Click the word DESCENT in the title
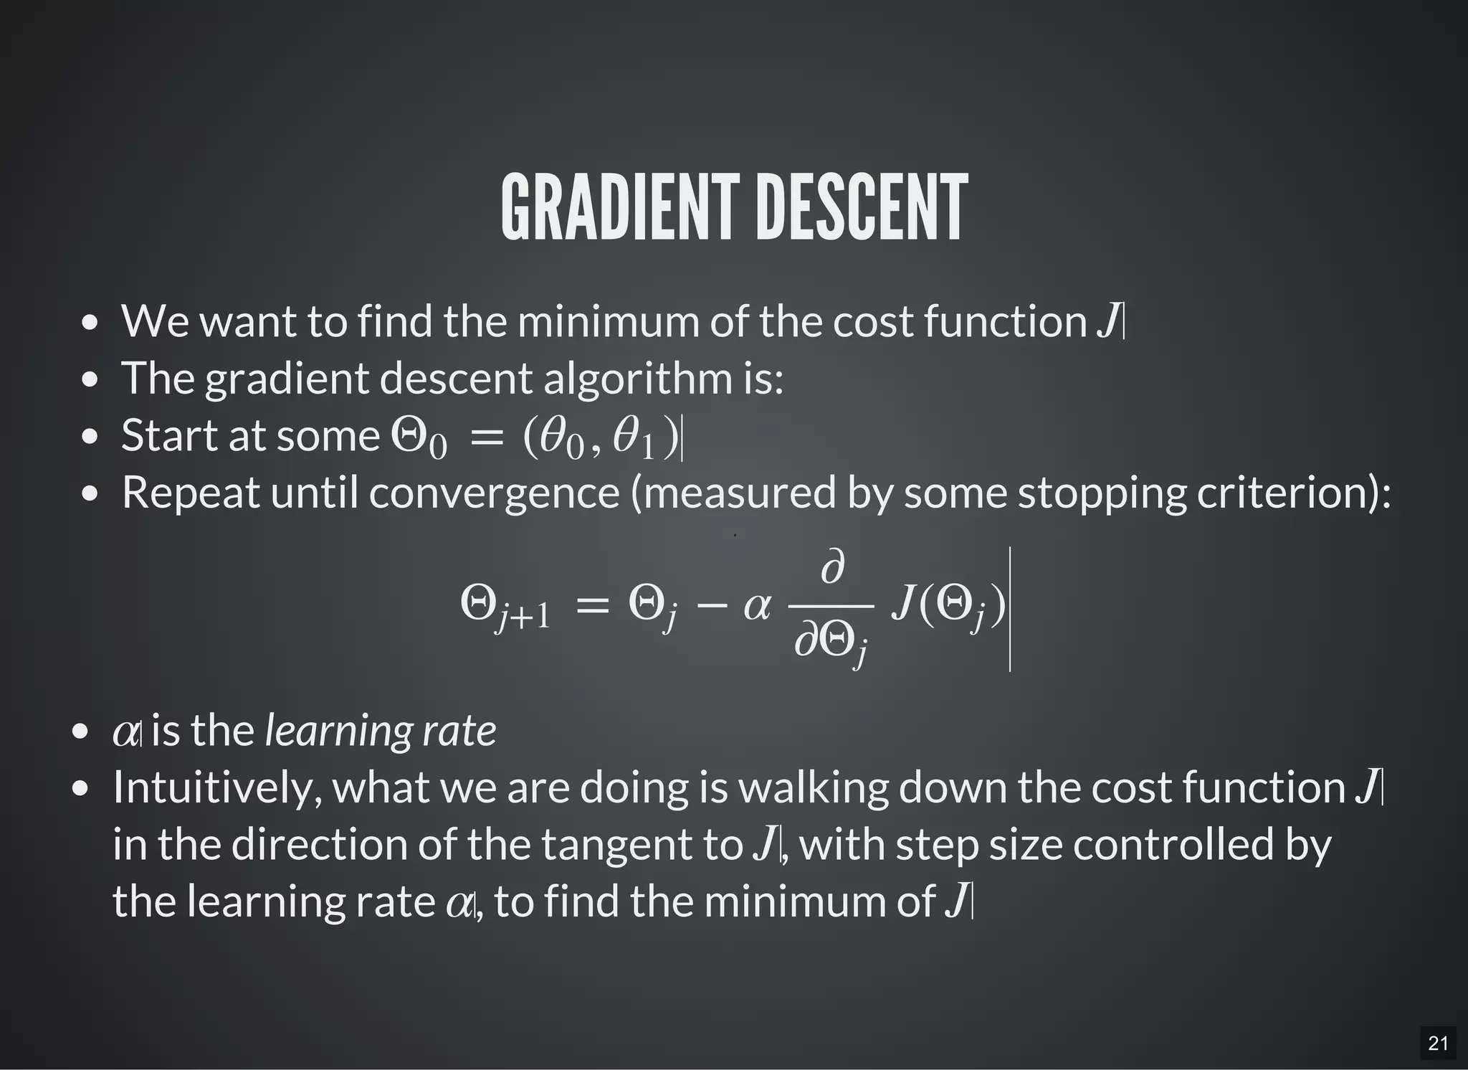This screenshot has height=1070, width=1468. coord(862,208)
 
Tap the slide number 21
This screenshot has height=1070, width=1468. coord(1438,1043)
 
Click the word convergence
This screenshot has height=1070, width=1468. coord(494,493)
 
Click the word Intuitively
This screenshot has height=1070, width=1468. coord(217,787)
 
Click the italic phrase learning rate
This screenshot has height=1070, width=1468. coord(381,732)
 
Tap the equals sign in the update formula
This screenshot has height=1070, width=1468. coord(592,607)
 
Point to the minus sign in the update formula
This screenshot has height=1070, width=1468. coord(712,607)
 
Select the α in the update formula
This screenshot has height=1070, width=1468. coord(757,607)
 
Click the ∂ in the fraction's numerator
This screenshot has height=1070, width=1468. coord(831,568)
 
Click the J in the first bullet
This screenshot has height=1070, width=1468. coord(1107,321)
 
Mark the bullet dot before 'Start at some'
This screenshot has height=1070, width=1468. coord(89,437)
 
